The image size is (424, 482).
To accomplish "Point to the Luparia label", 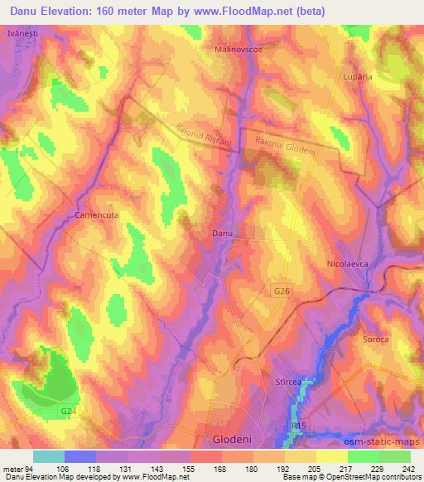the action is [358, 76].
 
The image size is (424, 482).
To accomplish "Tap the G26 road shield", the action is [282, 292].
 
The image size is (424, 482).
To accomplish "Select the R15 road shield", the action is [300, 426].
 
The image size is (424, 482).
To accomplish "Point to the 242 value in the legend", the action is [407, 469].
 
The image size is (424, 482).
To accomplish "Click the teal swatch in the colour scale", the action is [49, 456].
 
